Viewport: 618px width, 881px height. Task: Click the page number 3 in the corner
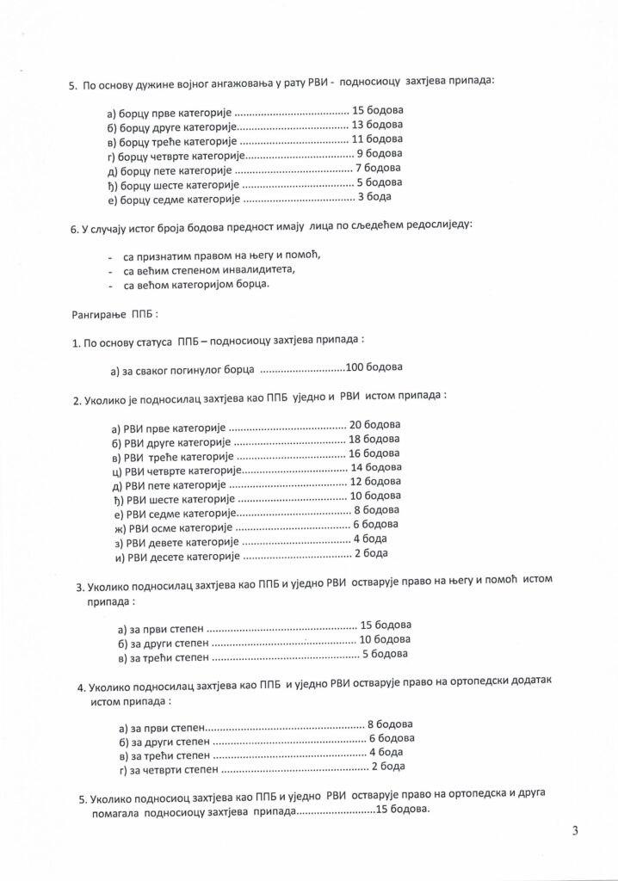coord(575,831)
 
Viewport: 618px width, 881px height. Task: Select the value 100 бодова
coord(374,367)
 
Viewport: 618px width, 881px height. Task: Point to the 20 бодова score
coord(375,424)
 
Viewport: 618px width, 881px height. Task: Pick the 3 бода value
coord(374,197)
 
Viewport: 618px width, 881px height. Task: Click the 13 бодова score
coord(376,125)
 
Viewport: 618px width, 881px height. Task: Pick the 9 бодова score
coord(380,153)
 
